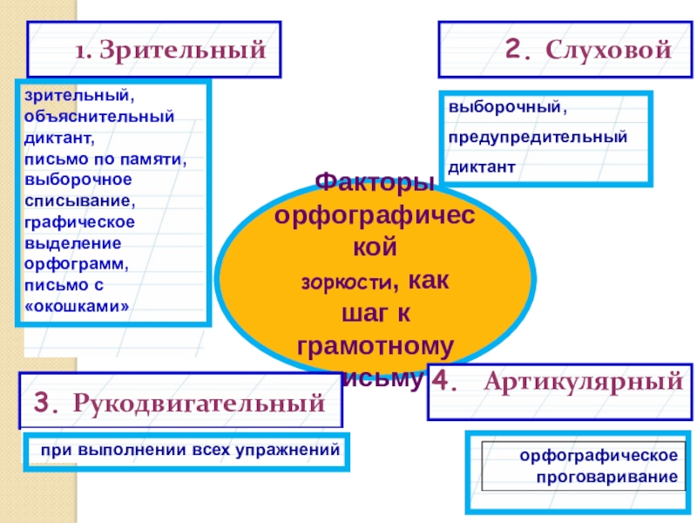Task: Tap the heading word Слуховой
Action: (609, 51)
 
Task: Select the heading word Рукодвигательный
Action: (200, 404)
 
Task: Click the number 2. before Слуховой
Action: (518, 51)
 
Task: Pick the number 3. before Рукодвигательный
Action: (47, 404)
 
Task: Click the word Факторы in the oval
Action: (374, 182)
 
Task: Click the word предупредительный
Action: (538, 138)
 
